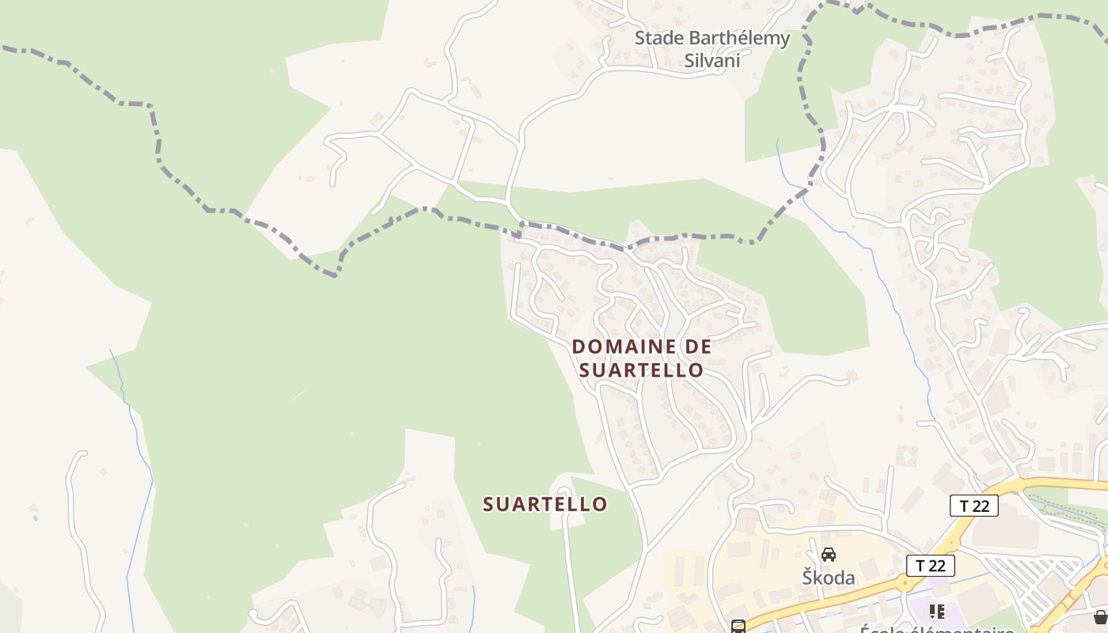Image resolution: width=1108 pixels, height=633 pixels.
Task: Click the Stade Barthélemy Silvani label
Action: (x=712, y=49)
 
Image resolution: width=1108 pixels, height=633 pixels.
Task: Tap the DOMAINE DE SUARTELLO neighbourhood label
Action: (x=641, y=358)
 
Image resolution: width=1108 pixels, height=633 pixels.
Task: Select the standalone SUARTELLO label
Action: (x=545, y=504)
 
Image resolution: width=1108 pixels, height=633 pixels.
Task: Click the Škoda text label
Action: (x=829, y=578)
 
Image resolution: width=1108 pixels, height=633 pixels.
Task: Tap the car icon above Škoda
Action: (x=829, y=555)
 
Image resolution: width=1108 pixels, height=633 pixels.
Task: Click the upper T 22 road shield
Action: (x=973, y=506)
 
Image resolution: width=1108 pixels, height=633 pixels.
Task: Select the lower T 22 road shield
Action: (x=930, y=566)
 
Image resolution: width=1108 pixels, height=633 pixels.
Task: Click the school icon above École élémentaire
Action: (x=937, y=612)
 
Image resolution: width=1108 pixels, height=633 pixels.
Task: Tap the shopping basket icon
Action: (x=1100, y=617)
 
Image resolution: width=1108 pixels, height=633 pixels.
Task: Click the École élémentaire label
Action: (x=937, y=630)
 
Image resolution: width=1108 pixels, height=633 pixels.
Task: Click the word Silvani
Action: (x=712, y=61)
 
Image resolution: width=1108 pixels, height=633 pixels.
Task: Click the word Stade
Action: (x=658, y=38)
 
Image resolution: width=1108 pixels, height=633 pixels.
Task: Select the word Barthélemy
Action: (x=738, y=38)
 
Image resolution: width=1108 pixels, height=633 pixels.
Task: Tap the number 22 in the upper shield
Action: (x=981, y=506)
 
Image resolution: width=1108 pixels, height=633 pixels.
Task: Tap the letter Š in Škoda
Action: (x=809, y=577)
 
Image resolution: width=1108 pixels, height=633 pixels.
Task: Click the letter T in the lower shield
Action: (x=920, y=566)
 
